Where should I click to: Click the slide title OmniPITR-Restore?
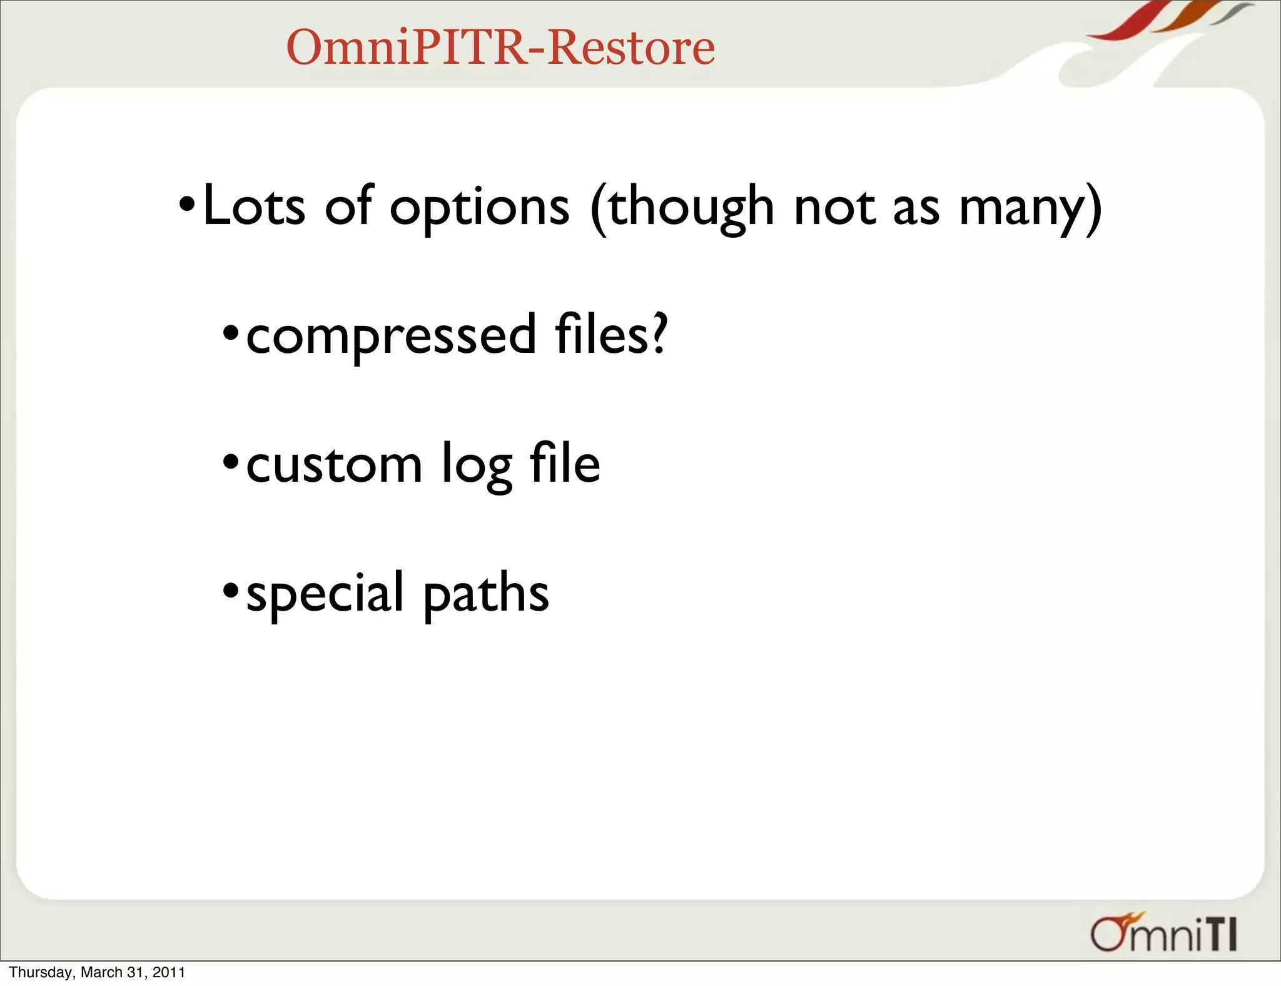[x=500, y=48]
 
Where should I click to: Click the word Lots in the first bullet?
[x=253, y=206]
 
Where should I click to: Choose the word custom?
[x=334, y=465]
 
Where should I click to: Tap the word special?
[x=325, y=594]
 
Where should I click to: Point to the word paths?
[x=486, y=594]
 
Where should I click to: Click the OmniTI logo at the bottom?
[x=1163, y=933]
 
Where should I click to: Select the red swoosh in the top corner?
[x=1126, y=22]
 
